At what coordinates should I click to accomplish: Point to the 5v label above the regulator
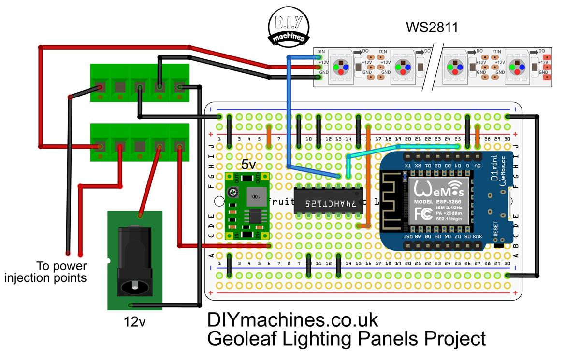pyautogui.click(x=248, y=165)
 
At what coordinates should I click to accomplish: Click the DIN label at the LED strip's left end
pyautogui.click(x=321, y=51)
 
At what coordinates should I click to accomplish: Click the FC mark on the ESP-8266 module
pyautogui.click(x=421, y=213)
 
